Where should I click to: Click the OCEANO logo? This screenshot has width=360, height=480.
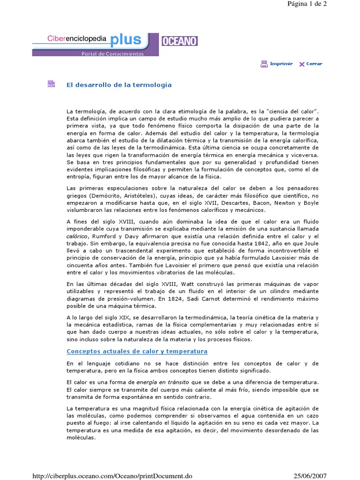180,41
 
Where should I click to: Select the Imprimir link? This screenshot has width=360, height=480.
281,64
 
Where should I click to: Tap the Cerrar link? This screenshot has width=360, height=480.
314,64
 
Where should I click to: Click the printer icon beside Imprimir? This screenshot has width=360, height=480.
264,64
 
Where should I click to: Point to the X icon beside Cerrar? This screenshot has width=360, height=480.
302,64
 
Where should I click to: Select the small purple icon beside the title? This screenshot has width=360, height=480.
51,84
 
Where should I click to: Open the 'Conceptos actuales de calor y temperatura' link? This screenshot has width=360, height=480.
137,351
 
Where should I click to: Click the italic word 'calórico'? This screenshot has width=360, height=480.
77,237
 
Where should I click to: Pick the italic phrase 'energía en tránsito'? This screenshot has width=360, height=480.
163,382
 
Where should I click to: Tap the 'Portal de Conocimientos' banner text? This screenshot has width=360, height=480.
113,53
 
